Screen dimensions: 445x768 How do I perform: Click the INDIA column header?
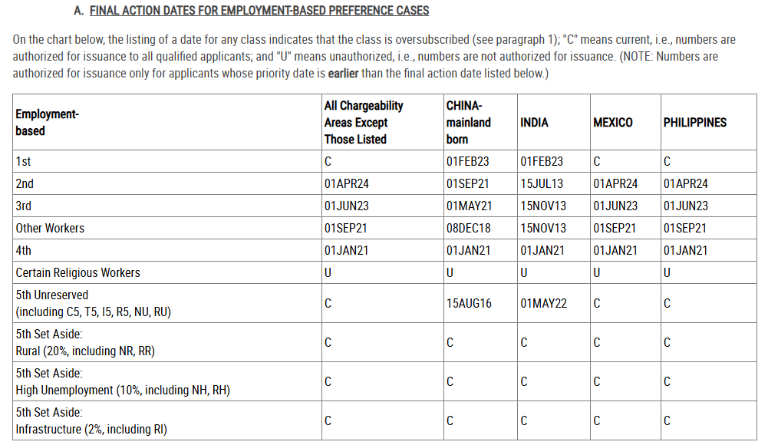(534, 123)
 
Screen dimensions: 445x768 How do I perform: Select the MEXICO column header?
(612, 123)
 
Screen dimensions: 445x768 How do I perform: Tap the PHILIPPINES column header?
(694, 123)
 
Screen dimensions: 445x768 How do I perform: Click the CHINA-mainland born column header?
(468, 123)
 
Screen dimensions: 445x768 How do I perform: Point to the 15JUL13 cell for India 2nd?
(541, 184)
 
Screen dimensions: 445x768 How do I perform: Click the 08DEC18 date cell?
(468, 229)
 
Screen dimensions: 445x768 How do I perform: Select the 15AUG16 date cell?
(468, 304)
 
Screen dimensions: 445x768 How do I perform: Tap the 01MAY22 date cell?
(543, 304)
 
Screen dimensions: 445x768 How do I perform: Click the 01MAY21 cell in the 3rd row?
(468, 206)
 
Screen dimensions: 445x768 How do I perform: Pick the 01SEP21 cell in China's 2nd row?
(467, 184)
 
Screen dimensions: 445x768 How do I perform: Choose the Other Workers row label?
(50, 229)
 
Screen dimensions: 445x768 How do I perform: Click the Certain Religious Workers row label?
(77, 273)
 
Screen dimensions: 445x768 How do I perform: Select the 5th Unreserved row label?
(52, 295)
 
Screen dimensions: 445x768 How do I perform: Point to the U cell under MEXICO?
(597, 273)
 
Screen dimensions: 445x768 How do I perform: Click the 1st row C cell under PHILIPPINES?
(667, 162)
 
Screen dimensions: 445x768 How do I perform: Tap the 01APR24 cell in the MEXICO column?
(615, 184)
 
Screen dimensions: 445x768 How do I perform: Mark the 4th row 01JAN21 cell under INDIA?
(542, 251)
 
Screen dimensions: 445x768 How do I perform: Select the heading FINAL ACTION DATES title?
(259, 11)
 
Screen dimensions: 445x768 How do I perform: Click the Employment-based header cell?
(47, 123)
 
